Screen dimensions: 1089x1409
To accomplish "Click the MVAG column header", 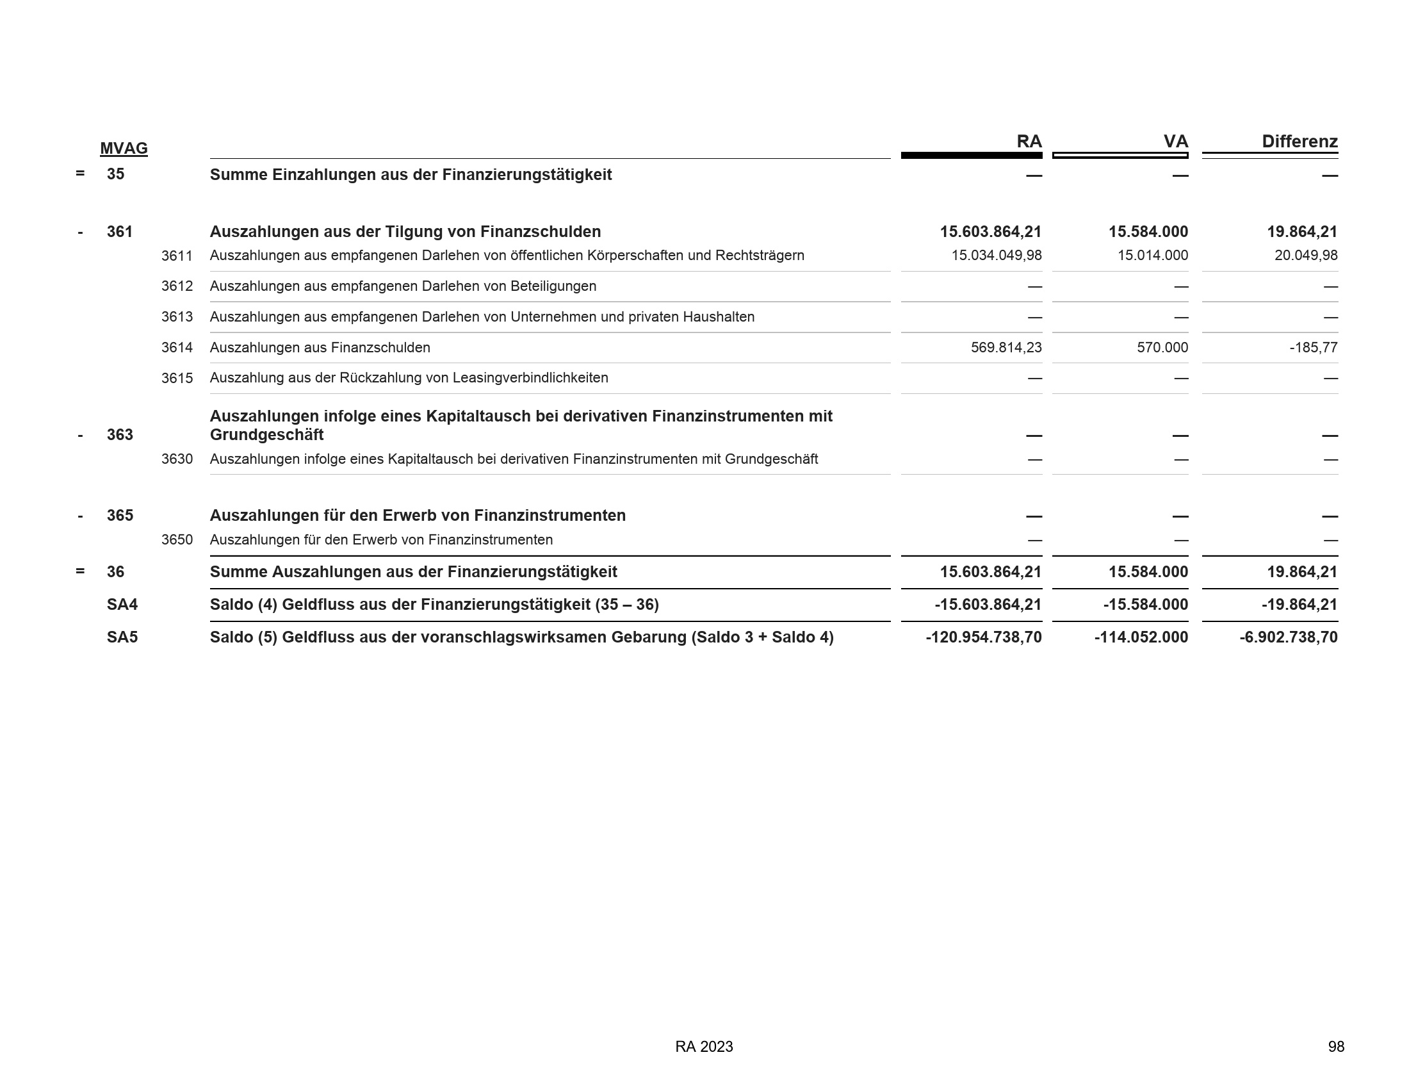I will click(124, 149).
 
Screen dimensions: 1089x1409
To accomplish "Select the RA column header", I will click(1029, 142).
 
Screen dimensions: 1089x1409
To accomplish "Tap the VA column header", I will click(1175, 142).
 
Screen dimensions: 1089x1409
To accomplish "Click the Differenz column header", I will click(1299, 142).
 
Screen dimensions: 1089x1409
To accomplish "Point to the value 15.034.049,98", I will click(996, 256).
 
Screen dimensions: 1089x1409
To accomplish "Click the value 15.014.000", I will click(1152, 256).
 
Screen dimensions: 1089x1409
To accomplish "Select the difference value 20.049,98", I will click(1306, 256).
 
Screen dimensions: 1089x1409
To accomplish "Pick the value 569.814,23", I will click(1006, 348).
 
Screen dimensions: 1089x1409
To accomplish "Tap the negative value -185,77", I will click(1314, 348).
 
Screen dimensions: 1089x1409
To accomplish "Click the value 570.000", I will click(1162, 348).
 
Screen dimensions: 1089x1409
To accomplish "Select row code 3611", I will click(177, 256).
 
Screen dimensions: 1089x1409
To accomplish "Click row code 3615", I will click(177, 379).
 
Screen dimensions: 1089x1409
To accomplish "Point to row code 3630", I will click(177, 459).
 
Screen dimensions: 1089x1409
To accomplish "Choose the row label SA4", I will click(122, 605).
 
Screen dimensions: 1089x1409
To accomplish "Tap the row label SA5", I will click(122, 637).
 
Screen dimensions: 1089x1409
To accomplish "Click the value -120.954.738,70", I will click(983, 637).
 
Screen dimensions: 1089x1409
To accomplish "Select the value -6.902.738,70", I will click(1289, 637).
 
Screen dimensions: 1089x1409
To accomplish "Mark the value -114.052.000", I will click(1141, 637).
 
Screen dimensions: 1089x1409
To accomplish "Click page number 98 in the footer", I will click(1336, 1047).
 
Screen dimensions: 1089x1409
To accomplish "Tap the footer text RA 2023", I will click(704, 1047).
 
